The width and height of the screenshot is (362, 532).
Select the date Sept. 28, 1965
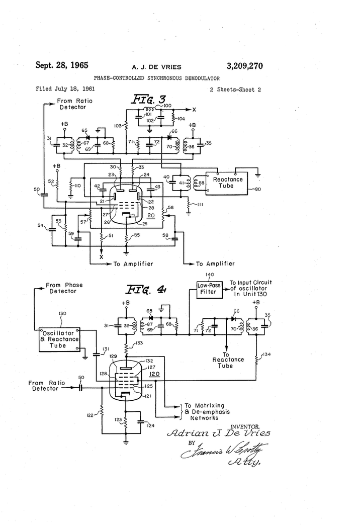pyautogui.click(x=62, y=65)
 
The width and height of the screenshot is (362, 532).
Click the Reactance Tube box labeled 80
pyautogui.click(x=228, y=183)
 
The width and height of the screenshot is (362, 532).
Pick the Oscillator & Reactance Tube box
pyautogui.click(x=60, y=339)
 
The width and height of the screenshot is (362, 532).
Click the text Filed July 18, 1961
pyautogui.click(x=65, y=88)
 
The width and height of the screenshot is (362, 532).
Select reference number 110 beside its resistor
pyautogui.click(x=77, y=186)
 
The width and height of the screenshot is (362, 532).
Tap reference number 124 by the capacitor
pyautogui.click(x=150, y=425)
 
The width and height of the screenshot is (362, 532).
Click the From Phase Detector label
pyautogui.click(x=64, y=288)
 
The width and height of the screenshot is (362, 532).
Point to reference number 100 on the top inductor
pyautogui.click(x=167, y=105)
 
